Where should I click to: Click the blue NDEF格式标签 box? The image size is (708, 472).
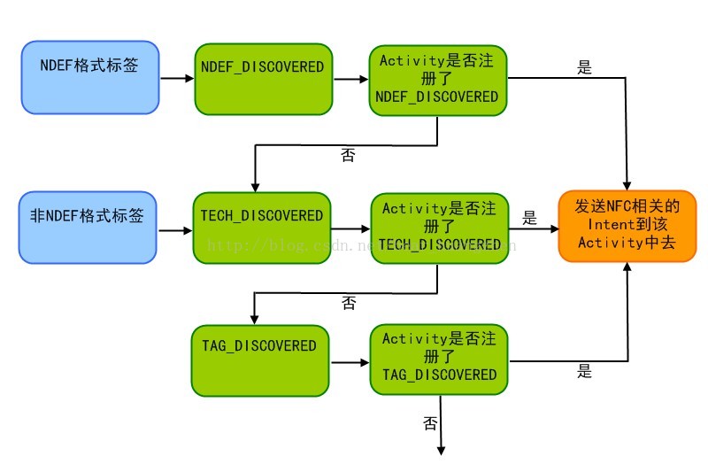point(89,77)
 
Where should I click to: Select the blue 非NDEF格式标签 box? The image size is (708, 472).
point(87,228)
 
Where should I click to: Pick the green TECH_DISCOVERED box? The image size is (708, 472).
point(262,228)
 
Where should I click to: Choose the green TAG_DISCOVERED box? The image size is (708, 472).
point(260,360)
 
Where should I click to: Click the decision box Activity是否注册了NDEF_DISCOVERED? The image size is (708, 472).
point(437,79)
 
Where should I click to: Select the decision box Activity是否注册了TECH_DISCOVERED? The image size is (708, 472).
point(437,228)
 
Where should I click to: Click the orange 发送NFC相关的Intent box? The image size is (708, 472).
point(627,226)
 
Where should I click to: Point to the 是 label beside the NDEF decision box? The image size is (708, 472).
point(584,67)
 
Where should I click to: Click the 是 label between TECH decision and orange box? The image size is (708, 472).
point(530,217)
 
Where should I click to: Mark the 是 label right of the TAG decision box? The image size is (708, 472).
point(584,371)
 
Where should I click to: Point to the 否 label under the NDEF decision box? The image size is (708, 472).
point(349,155)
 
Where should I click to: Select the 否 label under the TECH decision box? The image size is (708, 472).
point(349,304)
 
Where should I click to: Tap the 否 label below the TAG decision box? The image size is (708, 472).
point(430,423)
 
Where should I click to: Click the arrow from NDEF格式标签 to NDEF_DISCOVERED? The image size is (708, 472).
point(177,78)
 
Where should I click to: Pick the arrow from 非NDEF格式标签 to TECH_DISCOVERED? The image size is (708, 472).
point(174,230)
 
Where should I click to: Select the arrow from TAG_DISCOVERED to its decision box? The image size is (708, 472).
point(350,362)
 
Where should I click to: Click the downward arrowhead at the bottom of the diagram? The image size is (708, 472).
point(440,449)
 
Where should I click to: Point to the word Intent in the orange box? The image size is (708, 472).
point(601,225)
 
